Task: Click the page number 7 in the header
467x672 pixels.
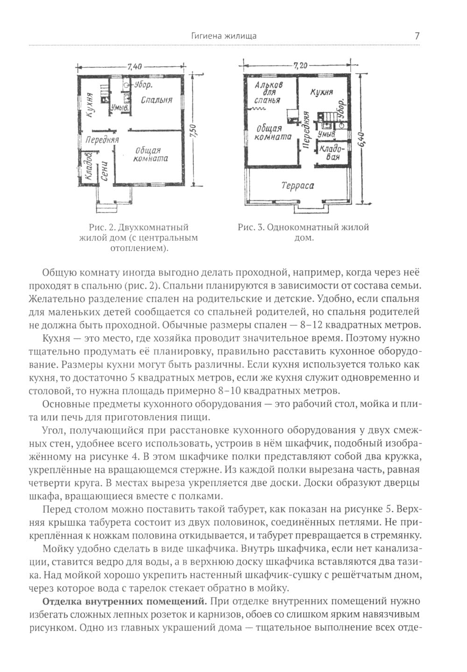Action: click(x=417, y=36)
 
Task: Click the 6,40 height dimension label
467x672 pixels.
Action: click(x=364, y=138)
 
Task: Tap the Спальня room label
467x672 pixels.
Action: click(x=156, y=100)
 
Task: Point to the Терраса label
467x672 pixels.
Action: click(x=297, y=185)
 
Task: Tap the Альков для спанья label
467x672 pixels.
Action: click(x=268, y=92)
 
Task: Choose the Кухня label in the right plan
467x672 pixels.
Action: click(x=321, y=92)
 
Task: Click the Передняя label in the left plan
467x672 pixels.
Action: click(x=102, y=140)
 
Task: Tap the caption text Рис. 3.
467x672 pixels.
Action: click(x=251, y=227)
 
